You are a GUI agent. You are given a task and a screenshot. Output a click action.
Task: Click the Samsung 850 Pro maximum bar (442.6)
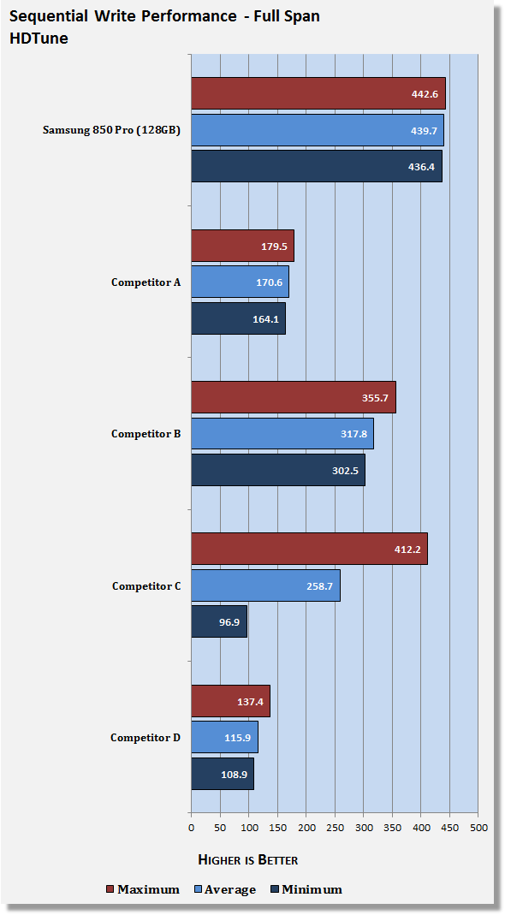(318, 93)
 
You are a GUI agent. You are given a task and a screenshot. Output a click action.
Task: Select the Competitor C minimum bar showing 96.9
(219, 621)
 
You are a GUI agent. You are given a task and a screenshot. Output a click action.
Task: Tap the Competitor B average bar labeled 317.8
(282, 434)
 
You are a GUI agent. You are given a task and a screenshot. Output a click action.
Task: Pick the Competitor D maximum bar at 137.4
(230, 701)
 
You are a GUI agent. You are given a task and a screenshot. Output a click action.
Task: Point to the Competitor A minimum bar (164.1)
(239, 318)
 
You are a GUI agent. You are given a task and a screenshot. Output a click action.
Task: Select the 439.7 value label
(424, 131)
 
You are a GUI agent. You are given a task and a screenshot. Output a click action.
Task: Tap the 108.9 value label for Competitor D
(235, 774)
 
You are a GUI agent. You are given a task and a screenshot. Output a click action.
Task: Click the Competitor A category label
(146, 282)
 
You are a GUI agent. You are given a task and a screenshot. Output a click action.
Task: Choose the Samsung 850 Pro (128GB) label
(111, 130)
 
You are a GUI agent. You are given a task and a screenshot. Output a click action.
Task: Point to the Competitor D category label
(146, 738)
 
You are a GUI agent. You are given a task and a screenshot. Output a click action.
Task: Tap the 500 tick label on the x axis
(478, 827)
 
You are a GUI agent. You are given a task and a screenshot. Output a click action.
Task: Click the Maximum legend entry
(143, 890)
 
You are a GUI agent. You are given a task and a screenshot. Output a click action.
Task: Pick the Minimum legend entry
(306, 890)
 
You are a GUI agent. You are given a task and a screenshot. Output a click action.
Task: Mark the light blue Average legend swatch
(199, 890)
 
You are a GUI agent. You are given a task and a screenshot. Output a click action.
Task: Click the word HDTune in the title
(39, 39)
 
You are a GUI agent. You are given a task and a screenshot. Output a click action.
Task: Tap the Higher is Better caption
(248, 859)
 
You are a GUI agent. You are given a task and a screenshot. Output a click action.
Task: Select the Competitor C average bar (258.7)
(265, 585)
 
